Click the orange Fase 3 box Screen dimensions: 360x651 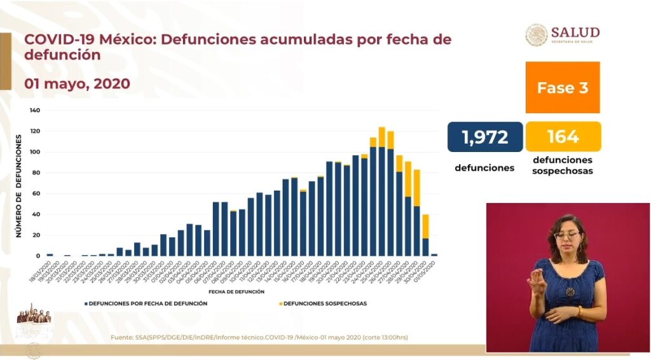563,88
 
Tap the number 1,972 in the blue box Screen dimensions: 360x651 485,137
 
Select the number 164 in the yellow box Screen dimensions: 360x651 563,137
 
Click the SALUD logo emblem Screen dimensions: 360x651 536,36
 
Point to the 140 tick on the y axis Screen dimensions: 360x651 35,111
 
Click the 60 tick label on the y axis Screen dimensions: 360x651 37,193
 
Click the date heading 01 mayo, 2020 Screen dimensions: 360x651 78,83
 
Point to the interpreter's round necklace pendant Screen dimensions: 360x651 570,292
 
